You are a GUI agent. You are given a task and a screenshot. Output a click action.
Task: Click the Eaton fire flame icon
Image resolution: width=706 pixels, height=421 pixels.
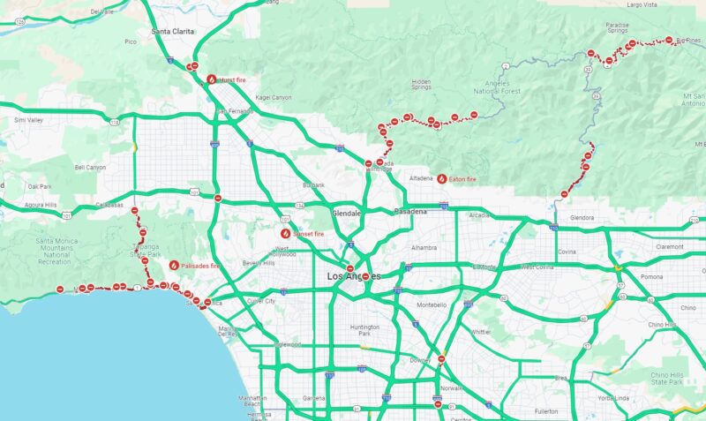point(441,179)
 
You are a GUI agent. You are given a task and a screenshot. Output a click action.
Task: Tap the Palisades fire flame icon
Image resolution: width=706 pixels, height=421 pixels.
point(174,265)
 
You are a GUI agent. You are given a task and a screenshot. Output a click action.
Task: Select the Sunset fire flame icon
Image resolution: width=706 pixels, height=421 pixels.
point(285,234)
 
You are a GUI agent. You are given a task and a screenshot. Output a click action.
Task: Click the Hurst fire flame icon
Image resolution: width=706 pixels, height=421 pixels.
point(211,79)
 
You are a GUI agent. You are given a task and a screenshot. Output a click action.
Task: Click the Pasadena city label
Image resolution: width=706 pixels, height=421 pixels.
point(409,212)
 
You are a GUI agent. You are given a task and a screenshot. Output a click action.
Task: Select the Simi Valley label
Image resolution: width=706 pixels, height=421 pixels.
point(28,120)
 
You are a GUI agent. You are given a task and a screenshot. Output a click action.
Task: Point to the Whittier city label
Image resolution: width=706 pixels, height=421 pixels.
point(480,332)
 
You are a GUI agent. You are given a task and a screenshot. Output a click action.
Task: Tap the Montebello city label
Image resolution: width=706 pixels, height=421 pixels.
point(432,305)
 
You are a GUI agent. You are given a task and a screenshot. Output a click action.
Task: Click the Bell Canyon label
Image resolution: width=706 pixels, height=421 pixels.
point(90,167)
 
